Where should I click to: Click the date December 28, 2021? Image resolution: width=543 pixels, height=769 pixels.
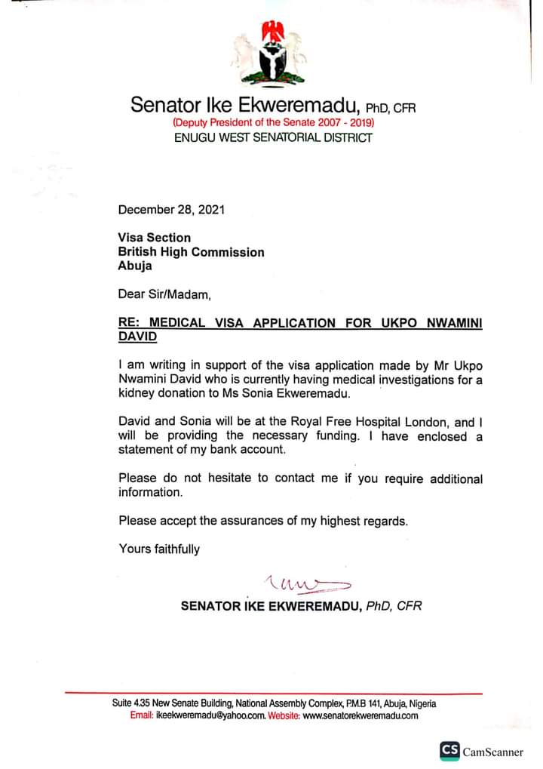pos(171,209)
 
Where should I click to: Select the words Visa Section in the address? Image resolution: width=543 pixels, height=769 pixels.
pos(155,238)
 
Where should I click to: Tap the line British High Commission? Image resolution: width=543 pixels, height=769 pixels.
pos(192,252)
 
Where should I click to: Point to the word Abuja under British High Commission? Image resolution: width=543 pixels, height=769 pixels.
pos(135,266)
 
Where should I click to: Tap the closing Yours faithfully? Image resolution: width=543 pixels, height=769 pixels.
pos(159,549)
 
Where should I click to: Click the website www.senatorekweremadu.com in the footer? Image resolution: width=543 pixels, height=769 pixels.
pos(360,715)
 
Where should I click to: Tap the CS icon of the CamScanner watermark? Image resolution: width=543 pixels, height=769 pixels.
pos(449,751)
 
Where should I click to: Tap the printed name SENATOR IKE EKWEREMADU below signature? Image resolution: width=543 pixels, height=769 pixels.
pos(271,606)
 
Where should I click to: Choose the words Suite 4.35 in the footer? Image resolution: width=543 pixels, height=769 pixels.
pos(133,703)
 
